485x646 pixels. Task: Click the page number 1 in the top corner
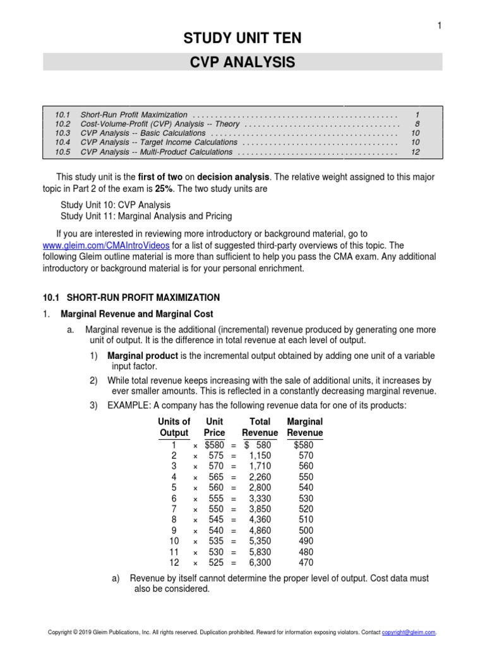click(438, 25)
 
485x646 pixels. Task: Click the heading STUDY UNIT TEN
click(242, 39)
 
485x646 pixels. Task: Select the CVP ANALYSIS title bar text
click(242, 62)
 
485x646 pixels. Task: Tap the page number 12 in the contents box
click(415, 152)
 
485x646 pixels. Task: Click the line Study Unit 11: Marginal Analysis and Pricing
click(146, 216)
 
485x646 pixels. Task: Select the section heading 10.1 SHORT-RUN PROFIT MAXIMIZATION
click(135, 298)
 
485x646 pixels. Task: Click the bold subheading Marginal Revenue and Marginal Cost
click(136, 314)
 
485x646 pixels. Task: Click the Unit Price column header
click(214, 427)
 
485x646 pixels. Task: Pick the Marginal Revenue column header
click(304, 427)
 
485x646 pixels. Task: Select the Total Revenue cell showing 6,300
click(261, 563)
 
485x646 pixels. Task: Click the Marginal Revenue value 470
click(305, 563)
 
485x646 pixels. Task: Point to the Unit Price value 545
click(217, 520)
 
